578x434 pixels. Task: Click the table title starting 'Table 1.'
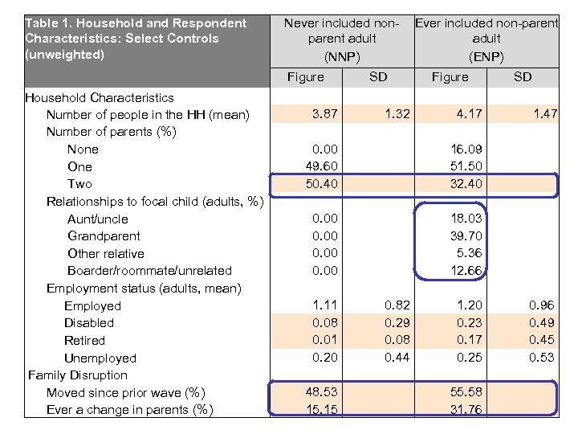[x=136, y=39]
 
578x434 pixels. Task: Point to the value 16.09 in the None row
[x=466, y=149]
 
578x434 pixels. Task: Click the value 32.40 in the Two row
[x=466, y=184]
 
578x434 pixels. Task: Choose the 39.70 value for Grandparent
[x=466, y=235]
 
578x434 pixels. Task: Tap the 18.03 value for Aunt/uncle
[x=466, y=219]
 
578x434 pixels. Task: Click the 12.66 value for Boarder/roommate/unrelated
[x=466, y=271]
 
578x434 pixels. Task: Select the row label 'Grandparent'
[x=104, y=236]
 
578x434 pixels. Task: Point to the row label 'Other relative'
[x=106, y=254]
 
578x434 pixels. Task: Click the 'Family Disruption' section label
[x=78, y=375]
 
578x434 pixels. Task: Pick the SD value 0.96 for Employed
[x=542, y=305]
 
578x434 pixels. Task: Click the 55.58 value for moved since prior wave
[x=466, y=392]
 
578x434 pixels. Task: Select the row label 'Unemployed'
[x=100, y=358]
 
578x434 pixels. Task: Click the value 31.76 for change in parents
[x=466, y=410]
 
